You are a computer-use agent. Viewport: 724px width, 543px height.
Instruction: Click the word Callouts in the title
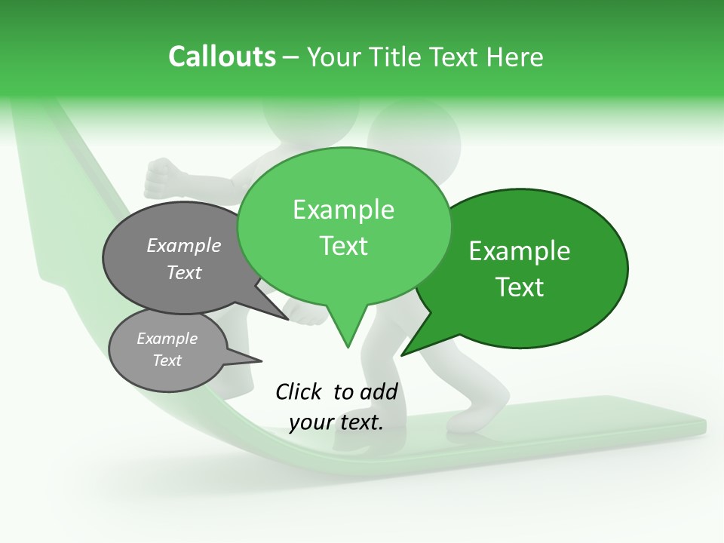[222, 57]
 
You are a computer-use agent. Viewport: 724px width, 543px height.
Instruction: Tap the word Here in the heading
[515, 57]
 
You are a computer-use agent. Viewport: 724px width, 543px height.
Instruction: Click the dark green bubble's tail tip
[405, 353]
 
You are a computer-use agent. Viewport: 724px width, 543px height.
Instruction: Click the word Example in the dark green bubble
[520, 250]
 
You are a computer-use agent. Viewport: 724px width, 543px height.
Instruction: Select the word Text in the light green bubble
[344, 246]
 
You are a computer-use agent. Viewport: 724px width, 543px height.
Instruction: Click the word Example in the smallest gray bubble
[167, 339]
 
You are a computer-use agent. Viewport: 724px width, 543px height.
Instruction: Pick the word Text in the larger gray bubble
[184, 272]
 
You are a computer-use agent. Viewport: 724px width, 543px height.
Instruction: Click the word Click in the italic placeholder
[299, 391]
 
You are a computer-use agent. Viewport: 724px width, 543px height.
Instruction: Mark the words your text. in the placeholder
[336, 422]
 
